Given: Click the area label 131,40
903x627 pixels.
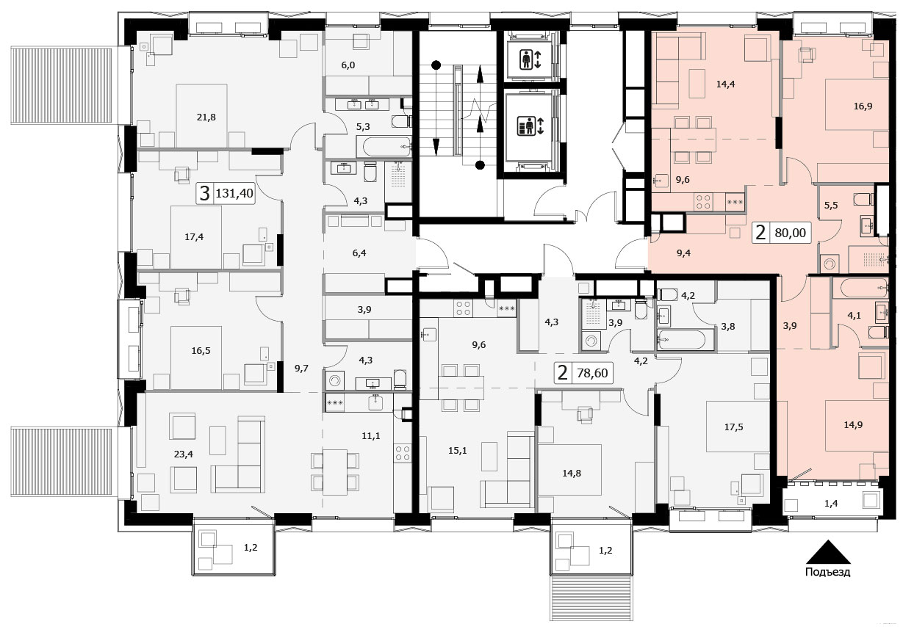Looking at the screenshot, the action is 234,194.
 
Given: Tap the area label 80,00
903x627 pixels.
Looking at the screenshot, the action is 790,232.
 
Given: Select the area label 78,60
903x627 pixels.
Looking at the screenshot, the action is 592,373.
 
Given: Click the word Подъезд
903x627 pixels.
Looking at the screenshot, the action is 828,572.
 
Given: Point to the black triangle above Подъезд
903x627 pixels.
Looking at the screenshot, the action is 828,552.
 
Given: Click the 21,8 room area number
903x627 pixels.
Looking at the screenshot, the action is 206,117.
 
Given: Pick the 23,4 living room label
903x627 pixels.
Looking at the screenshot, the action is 184,454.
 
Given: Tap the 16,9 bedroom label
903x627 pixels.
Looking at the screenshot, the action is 863,106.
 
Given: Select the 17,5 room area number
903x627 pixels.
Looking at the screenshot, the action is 734,427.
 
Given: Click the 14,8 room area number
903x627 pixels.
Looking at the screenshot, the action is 572,473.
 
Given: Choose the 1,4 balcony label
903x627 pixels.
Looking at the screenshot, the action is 831,504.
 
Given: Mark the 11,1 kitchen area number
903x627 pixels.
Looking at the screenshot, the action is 371,435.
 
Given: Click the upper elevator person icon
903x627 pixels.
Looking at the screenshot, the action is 525,59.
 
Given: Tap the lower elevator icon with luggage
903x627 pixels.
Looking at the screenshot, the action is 525,126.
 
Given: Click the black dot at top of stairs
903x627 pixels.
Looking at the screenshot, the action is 436,65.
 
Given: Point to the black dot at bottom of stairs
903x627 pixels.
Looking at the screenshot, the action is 480,164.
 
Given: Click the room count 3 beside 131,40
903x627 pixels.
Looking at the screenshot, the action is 205,194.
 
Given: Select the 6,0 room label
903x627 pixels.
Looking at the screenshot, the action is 348,65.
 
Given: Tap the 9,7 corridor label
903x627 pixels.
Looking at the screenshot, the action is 301,368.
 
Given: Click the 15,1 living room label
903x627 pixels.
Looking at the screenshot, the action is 458,450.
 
